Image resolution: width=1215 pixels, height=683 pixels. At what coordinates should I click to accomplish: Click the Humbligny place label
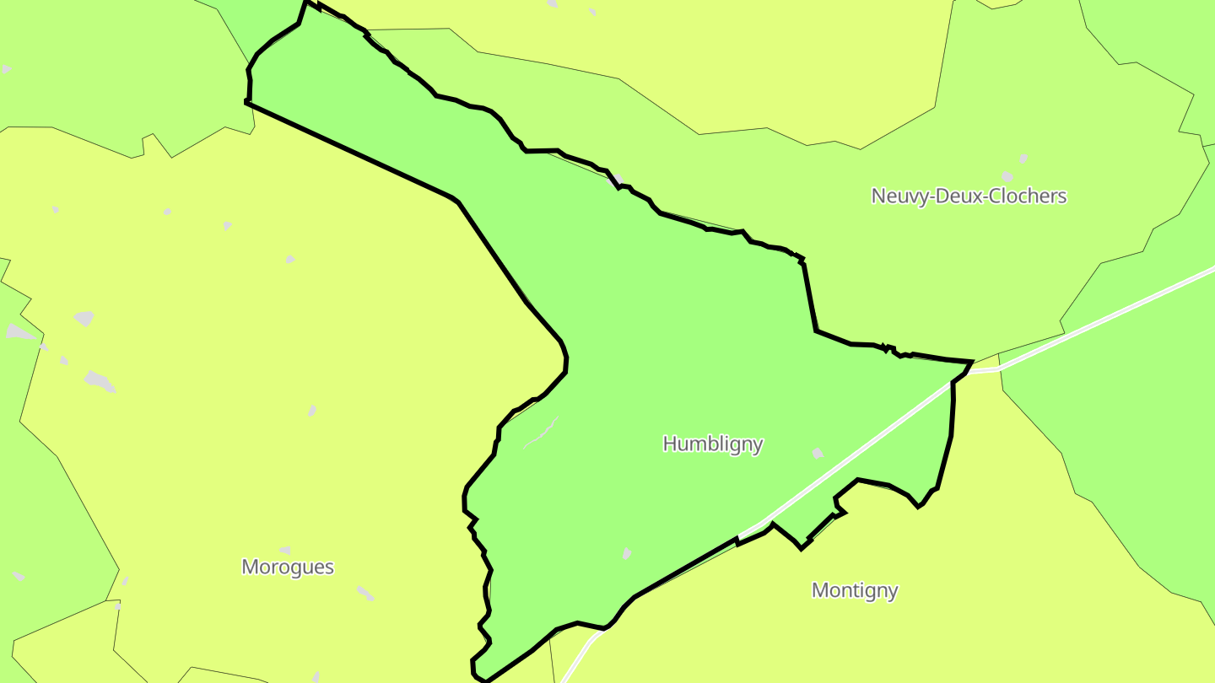pyautogui.click(x=713, y=444)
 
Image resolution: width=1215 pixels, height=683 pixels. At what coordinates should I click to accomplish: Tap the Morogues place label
pyautogui.click(x=288, y=567)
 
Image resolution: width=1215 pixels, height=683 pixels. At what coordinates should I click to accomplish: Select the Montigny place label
pyautogui.click(x=854, y=590)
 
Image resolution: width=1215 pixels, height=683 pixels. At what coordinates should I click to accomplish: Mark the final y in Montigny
pyautogui.click(x=893, y=592)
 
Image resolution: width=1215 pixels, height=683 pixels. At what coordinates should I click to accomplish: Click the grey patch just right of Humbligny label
pyautogui.click(x=817, y=454)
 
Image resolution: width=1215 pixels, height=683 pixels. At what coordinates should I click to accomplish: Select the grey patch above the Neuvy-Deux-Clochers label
pyautogui.click(x=1023, y=159)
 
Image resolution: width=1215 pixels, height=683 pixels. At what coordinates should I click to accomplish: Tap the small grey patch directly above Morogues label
pyautogui.click(x=285, y=550)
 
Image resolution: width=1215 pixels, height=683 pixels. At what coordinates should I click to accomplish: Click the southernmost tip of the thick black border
pyautogui.click(x=485, y=680)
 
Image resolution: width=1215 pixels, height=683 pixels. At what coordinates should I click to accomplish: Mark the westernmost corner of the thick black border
pyautogui.click(x=246, y=102)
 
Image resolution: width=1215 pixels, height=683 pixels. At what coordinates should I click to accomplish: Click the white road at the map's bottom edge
pyautogui.click(x=564, y=677)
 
